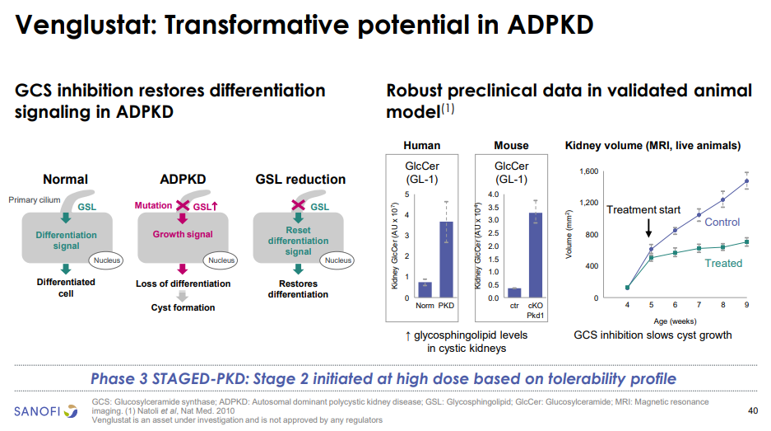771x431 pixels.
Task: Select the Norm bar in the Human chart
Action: coord(425,288)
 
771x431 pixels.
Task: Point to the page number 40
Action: coord(752,410)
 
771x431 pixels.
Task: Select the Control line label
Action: coord(722,222)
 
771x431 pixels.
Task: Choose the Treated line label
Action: coord(723,264)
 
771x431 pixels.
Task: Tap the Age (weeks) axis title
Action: coord(676,321)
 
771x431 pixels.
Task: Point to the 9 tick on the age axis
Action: coord(747,306)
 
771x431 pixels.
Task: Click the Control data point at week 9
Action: coord(746,180)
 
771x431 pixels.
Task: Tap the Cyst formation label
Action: coord(183,307)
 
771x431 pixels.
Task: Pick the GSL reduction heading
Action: coord(300,179)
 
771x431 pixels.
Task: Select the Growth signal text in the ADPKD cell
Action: coord(183,234)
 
